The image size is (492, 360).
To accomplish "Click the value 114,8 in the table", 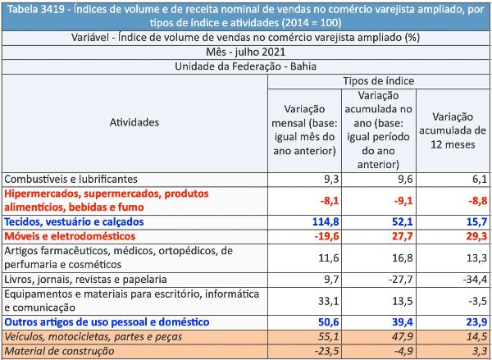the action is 326,222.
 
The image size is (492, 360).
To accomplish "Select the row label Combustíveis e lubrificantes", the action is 71,180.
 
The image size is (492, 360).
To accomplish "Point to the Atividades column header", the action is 134,122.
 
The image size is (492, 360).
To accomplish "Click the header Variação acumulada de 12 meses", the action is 453,130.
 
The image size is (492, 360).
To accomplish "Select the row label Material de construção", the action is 60,351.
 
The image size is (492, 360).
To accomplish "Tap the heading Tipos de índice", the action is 378,81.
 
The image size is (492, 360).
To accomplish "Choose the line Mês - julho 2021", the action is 246,52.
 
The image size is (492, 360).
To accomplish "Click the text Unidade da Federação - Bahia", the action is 246,66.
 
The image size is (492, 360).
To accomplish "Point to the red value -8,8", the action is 477,201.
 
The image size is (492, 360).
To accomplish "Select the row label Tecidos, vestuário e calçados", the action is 74,222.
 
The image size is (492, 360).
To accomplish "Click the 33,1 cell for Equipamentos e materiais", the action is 330,301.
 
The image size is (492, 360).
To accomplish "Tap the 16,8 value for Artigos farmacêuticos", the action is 403,258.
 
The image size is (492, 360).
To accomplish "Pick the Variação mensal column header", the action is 305,130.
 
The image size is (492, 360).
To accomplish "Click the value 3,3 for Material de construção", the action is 480,351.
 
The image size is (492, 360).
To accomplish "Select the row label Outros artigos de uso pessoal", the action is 107,322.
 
